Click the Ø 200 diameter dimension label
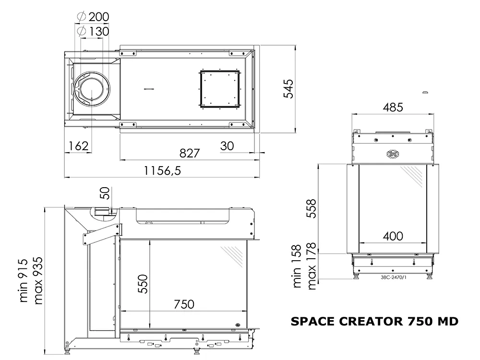click(93, 16)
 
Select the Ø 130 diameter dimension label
click(93, 31)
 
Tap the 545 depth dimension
click(288, 89)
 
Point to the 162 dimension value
click(78, 146)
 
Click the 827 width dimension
click(190, 153)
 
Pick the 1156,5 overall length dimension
click(162, 170)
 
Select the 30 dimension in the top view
click(227, 146)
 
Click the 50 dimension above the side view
click(105, 193)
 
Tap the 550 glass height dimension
click(143, 284)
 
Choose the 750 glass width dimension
click(184, 304)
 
